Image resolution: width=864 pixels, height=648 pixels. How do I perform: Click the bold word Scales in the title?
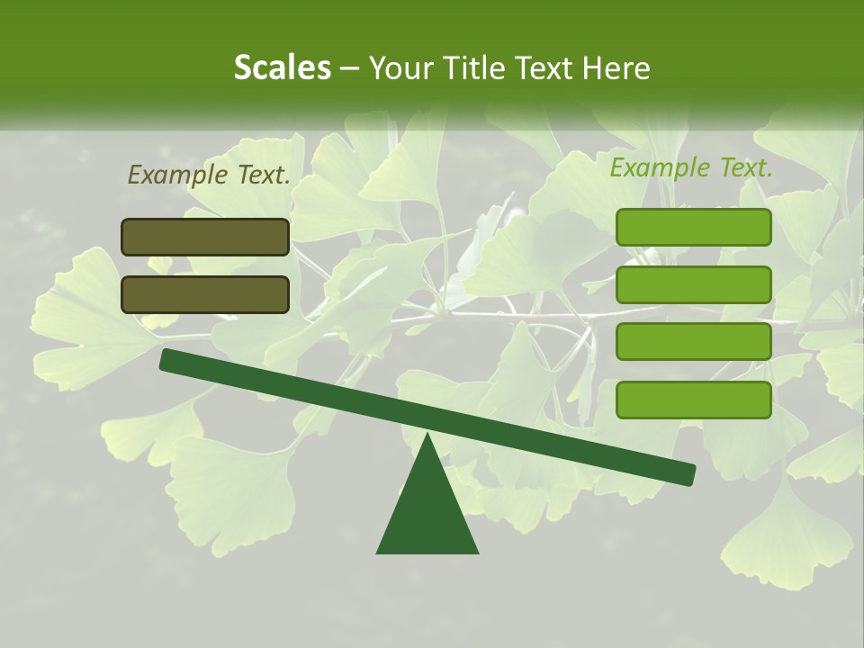pyautogui.click(x=282, y=67)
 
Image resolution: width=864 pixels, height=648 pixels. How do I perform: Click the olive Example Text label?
pyautogui.click(x=209, y=175)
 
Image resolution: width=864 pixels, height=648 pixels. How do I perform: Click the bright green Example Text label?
pyautogui.click(x=691, y=167)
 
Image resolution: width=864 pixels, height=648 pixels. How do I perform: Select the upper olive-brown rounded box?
pyautogui.click(x=205, y=237)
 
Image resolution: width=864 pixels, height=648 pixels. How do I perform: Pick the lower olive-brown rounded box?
pyautogui.click(x=205, y=294)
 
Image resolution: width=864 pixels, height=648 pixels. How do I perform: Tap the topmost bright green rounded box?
pyautogui.click(x=693, y=227)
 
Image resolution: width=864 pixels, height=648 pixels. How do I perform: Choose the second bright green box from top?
pyautogui.click(x=693, y=284)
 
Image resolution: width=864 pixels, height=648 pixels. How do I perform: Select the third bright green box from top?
pyautogui.click(x=693, y=342)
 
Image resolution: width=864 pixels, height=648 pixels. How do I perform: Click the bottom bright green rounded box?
pyautogui.click(x=693, y=400)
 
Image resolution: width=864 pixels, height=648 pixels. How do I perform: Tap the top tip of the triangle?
pyautogui.click(x=427, y=436)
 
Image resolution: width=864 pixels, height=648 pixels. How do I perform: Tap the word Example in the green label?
pyautogui.click(x=659, y=167)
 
